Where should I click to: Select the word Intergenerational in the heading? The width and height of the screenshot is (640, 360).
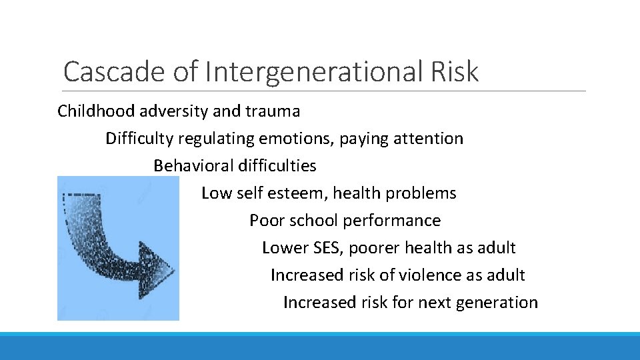click(313, 71)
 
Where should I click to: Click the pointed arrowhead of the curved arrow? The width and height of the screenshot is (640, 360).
click(160, 270)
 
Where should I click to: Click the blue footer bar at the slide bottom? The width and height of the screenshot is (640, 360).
click(320, 346)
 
